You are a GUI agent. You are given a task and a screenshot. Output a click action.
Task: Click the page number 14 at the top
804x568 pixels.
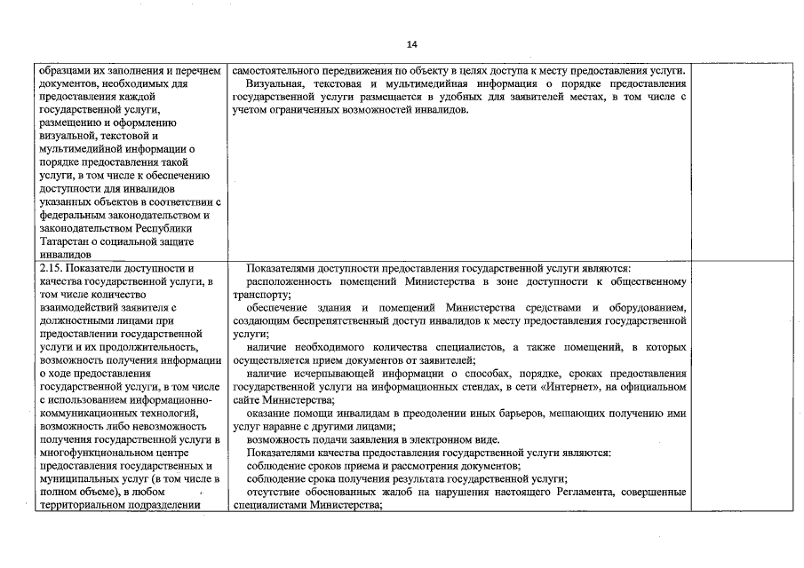(x=411, y=44)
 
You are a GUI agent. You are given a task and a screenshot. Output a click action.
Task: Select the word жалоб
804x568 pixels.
(x=405, y=493)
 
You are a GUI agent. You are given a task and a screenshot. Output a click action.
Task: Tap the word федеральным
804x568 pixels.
(x=78, y=215)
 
